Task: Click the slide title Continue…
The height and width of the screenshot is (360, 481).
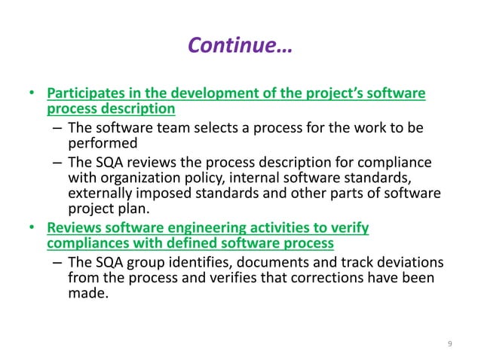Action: click(240, 47)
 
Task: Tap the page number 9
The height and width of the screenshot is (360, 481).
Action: click(449, 344)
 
